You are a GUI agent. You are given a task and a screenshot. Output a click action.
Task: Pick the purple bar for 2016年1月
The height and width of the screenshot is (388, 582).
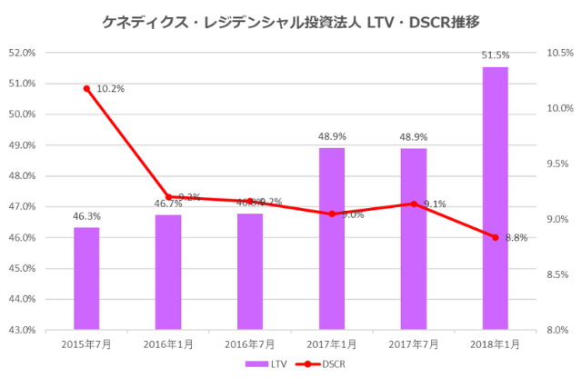(168, 272)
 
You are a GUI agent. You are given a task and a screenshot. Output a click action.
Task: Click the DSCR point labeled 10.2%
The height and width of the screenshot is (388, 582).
(86, 88)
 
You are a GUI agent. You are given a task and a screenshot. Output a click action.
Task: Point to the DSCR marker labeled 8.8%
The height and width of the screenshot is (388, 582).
(495, 237)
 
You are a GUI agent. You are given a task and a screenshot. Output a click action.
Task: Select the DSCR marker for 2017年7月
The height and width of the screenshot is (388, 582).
(414, 204)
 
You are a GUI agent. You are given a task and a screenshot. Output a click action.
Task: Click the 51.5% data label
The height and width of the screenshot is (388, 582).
(496, 56)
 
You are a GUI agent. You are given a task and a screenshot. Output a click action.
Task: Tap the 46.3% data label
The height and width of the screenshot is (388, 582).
(86, 217)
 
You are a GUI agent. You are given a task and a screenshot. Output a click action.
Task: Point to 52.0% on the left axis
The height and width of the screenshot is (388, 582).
(21, 53)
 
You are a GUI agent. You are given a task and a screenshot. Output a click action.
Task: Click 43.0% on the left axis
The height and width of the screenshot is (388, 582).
(21, 330)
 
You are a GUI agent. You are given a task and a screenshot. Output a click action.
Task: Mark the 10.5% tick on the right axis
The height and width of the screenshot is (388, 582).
(557, 53)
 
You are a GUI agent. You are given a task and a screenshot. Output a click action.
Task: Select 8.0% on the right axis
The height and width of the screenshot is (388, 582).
(557, 330)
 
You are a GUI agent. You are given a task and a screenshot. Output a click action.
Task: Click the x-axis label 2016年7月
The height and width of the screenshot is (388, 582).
(249, 344)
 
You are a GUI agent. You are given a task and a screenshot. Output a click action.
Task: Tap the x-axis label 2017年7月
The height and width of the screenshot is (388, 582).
(413, 344)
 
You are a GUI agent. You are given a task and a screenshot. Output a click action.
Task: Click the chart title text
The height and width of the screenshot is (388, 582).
(290, 19)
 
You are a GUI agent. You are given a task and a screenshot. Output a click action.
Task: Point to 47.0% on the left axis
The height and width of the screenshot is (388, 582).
(21, 206)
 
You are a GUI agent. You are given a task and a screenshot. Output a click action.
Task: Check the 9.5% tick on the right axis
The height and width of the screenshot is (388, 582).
(557, 164)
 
